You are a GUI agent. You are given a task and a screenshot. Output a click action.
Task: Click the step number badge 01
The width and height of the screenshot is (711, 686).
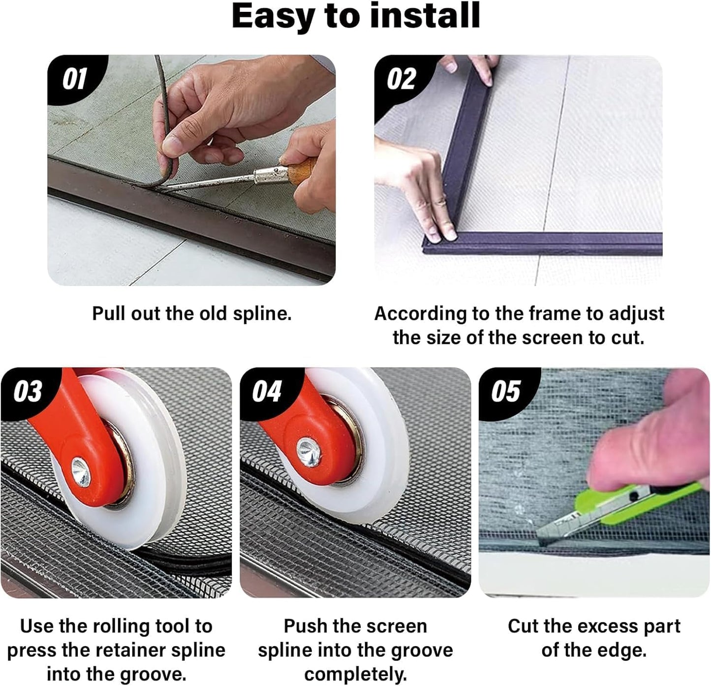[x=75, y=79]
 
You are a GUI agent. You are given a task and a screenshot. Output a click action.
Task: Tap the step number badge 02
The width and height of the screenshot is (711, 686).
[x=401, y=79]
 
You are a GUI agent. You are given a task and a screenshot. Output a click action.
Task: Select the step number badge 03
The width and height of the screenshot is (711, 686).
[x=28, y=391]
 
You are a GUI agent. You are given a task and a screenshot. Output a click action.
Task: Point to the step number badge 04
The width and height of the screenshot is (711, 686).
[x=267, y=391]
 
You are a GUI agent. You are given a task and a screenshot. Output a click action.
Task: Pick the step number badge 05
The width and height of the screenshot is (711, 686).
[x=506, y=391]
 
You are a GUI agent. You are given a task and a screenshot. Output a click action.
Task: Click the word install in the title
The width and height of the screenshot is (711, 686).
[x=425, y=16]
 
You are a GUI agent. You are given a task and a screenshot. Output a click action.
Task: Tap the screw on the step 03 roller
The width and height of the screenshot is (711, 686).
[x=81, y=472]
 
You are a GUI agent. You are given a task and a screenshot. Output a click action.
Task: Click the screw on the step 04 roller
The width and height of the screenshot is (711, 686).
[x=309, y=452]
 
